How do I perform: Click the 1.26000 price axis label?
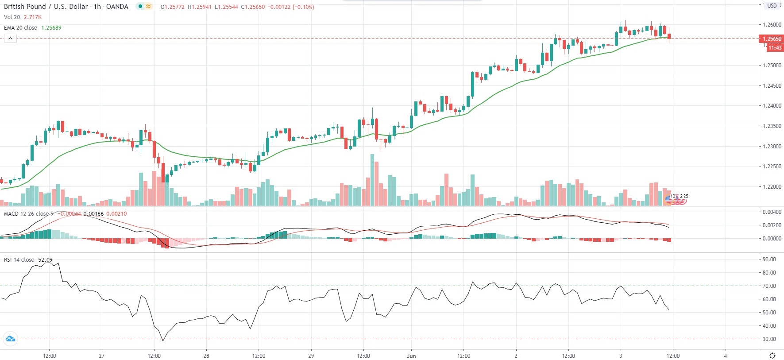pos(772,25)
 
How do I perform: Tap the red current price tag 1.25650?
pos(772,39)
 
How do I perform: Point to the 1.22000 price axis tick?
pos(772,187)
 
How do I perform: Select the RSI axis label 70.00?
pos(769,286)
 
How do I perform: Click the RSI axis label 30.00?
pos(769,339)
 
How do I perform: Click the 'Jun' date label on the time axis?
pos(411,356)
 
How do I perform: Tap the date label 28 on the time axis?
pos(206,356)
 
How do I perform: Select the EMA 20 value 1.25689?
pos(51,27)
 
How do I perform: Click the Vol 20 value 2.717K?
pos(33,17)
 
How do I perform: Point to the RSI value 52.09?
pos(45,260)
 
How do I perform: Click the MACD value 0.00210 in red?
pos(116,214)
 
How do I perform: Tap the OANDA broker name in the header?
pos(117,7)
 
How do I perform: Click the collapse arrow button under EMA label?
pos(10,39)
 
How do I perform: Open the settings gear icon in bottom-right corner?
pos(772,356)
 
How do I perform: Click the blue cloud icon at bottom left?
pos(10,339)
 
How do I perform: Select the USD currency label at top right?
pos(772,6)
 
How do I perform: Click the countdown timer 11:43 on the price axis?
pos(775,48)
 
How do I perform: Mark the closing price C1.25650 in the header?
pos(253,7)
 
